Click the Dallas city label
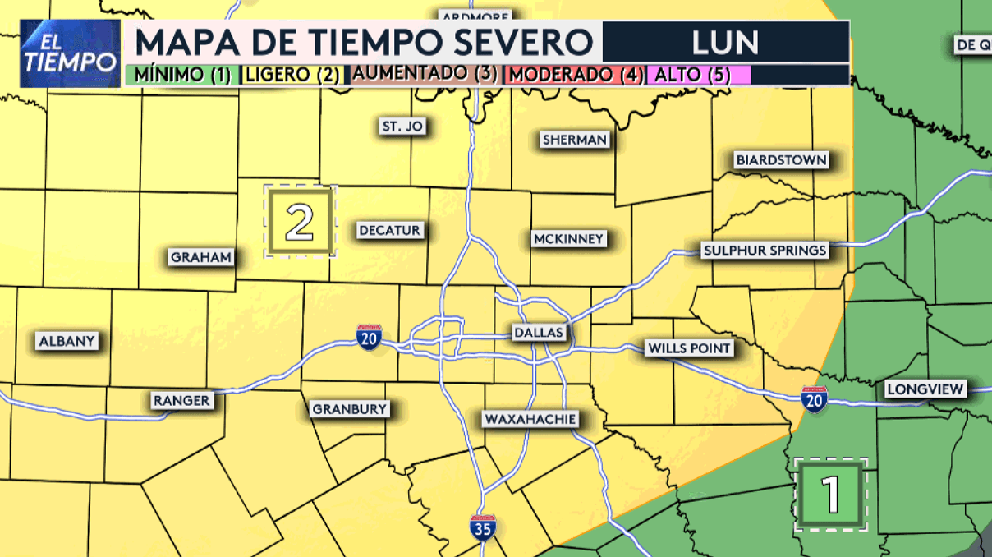point(539,333)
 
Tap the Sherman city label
point(575,140)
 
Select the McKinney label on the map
point(568,239)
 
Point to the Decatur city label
point(390,231)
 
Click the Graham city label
point(201,257)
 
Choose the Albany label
point(68,341)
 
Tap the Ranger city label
point(182,401)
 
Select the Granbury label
point(349,409)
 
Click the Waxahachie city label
point(530,419)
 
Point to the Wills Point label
point(689,348)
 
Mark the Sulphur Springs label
point(765,251)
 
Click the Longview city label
point(925,389)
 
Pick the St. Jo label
point(402,127)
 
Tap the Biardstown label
point(781,159)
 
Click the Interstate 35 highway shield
point(483,527)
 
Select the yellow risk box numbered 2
point(300,222)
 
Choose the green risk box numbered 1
point(831,494)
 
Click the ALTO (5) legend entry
point(699,74)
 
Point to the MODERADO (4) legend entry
point(573,74)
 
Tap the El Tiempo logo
point(69,53)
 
